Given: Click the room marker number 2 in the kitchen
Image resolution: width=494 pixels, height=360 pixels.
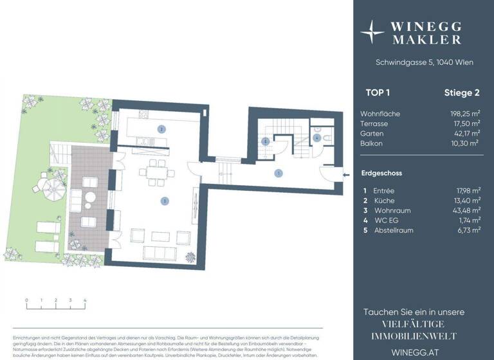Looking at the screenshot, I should [161, 129].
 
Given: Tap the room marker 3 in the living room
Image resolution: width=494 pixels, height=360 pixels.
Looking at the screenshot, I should [165, 201].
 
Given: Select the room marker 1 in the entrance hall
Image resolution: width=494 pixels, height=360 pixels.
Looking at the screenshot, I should [278, 173].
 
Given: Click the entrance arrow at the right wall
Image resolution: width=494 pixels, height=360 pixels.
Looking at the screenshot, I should [345, 174].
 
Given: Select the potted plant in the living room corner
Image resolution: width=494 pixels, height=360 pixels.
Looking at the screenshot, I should [190, 258].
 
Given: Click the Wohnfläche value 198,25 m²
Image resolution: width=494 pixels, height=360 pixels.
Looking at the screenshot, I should [464, 114].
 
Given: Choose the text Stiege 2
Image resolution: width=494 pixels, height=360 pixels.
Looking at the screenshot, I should [462, 93].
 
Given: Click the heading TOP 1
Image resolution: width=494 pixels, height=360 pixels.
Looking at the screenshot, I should [380, 93].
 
